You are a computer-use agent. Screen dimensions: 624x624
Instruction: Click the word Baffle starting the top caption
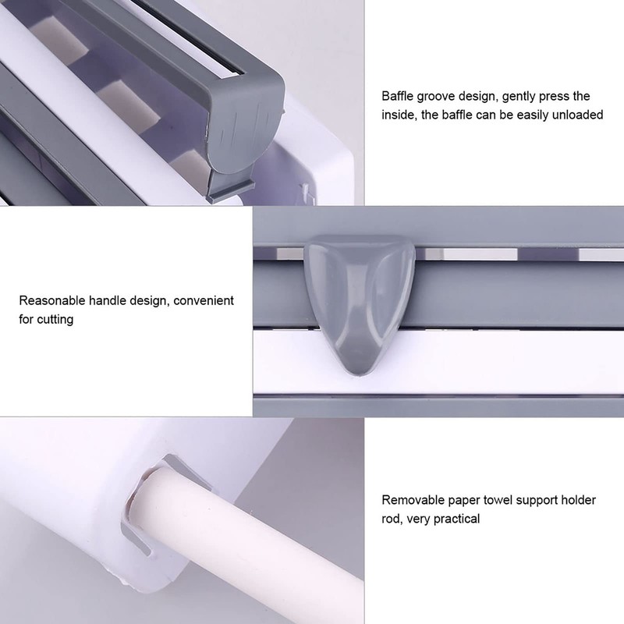point(399,97)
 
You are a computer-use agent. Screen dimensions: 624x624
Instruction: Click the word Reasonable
point(54,300)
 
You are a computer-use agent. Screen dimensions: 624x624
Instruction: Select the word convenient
point(201,300)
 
